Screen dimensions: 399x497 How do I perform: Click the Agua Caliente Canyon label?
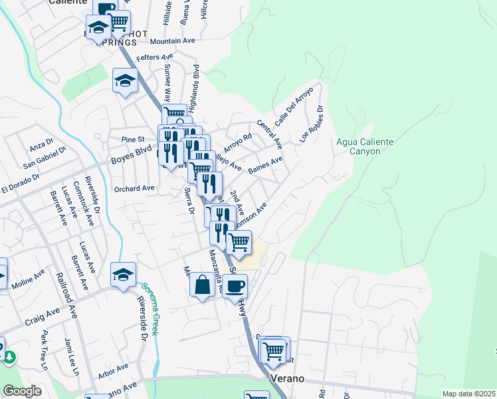tap(365, 146)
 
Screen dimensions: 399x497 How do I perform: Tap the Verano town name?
tap(287, 378)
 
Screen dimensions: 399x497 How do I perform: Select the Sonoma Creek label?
tap(149, 309)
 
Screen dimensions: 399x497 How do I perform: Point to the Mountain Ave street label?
tap(172, 41)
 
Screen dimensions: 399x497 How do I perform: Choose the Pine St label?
tap(133, 140)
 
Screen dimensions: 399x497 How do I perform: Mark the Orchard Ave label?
tap(134, 188)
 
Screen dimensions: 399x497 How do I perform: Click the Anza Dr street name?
tap(41, 146)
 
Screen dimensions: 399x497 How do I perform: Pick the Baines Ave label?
tap(265, 165)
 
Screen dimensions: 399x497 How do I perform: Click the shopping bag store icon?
tap(202, 286)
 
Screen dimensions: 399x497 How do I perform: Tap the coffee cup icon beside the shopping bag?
tap(235, 286)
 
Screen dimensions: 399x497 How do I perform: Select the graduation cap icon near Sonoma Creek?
tap(124, 274)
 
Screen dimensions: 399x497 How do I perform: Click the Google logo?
tap(22, 391)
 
